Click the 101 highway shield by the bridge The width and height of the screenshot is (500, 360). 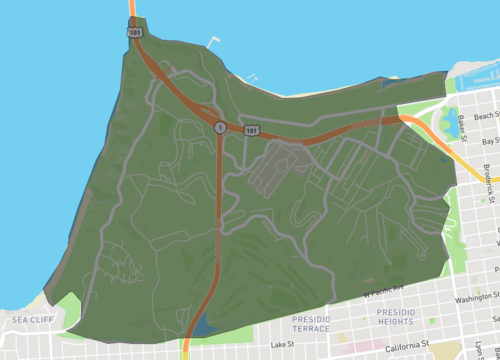[134, 32]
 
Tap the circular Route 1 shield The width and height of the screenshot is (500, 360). [218, 126]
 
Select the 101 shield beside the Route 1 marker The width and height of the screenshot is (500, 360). [251, 130]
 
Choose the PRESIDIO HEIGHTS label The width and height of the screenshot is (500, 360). [394, 317]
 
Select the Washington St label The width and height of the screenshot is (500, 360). [475, 297]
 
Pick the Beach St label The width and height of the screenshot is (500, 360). [486, 116]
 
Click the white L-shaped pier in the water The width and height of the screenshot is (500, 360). [212, 43]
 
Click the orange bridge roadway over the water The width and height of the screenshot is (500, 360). [132, 8]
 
